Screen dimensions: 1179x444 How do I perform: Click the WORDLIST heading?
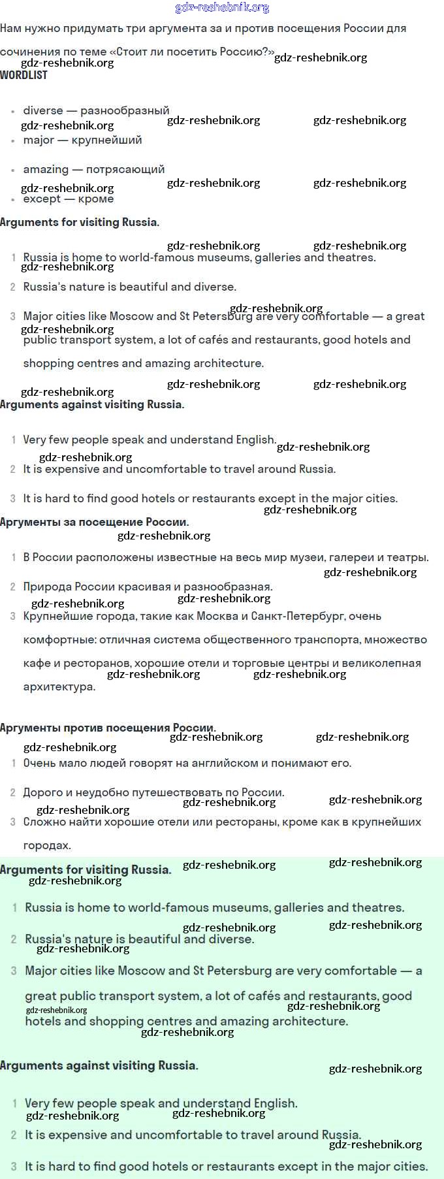tap(24, 75)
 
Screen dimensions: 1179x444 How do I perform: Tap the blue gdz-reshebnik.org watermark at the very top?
tap(222, 7)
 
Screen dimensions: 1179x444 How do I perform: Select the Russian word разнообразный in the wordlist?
tap(125, 110)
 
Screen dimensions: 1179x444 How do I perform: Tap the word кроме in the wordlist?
tap(96, 199)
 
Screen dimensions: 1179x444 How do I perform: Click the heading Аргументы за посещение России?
tap(94, 522)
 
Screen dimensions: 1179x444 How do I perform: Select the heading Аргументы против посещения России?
tap(108, 728)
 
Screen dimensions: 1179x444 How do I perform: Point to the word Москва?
tap(208, 616)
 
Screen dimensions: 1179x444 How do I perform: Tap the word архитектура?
tap(59, 686)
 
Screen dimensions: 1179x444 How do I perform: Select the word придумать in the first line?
tap(89, 28)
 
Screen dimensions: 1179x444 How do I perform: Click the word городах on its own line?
tap(45, 845)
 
